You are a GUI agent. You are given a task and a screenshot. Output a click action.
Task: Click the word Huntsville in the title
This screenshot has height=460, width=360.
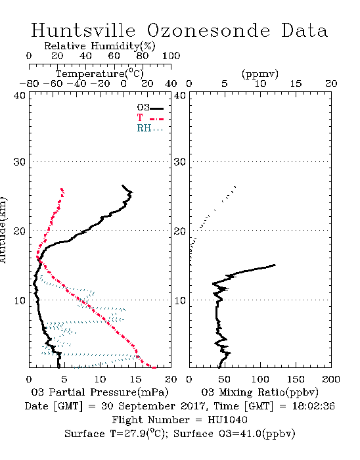[83, 30]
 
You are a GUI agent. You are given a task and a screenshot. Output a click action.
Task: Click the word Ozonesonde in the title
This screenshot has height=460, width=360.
[208, 30]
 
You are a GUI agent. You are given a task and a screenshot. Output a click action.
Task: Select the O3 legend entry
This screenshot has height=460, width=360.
[150, 108]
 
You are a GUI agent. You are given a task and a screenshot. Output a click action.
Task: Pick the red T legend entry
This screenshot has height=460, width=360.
[150, 118]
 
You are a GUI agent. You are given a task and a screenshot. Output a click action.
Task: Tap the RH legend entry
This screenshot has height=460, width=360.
[150, 128]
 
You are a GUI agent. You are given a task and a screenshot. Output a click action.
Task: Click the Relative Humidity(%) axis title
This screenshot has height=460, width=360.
[100, 46]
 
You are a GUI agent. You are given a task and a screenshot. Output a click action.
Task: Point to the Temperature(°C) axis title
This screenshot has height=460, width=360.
[100, 74]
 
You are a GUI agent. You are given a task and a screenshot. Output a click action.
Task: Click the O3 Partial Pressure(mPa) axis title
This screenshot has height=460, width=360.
[100, 392]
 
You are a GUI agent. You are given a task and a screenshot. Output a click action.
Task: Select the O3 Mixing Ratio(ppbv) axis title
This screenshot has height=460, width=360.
[259, 392]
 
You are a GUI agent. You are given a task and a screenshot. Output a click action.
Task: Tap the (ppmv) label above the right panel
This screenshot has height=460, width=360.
[260, 74]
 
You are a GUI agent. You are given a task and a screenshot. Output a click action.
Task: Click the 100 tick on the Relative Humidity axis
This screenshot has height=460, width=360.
[171, 56]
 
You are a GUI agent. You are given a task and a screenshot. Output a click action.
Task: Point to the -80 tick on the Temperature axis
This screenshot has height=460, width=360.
[29, 83]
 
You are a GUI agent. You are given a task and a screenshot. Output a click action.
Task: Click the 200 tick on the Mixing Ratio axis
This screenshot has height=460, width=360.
[331, 379]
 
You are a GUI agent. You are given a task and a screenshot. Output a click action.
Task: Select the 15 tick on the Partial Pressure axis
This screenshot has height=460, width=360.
[135, 379]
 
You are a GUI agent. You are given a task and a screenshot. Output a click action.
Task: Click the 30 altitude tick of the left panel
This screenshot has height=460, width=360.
[20, 162]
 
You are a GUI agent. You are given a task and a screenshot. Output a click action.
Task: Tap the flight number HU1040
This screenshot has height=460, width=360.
[227, 420]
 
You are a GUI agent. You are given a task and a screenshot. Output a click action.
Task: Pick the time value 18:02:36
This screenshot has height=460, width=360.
[313, 406]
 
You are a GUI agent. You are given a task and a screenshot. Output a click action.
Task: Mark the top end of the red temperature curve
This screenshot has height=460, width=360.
[62, 189]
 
